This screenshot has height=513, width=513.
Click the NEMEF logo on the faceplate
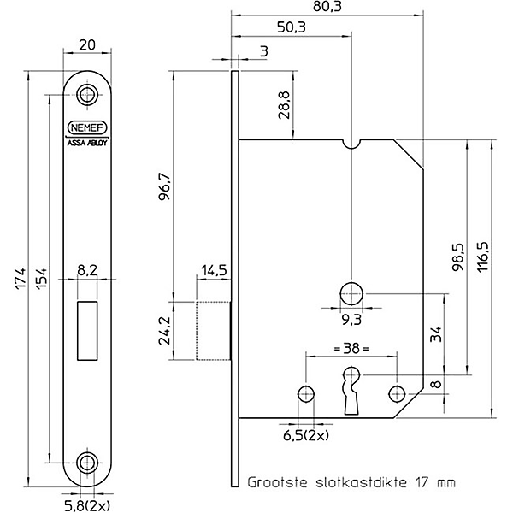coord(87,127)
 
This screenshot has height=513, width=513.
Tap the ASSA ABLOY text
coord(87,143)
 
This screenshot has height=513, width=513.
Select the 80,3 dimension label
coord(327,7)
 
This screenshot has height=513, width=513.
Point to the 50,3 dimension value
coord(292,27)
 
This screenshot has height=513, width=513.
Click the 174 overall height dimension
coord(21,279)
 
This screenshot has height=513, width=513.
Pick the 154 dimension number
coord(42,279)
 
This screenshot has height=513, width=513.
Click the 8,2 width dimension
coord(87,271)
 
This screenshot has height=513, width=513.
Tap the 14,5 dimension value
coord(214,271)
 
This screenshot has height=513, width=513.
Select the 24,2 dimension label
coord(164,330)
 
